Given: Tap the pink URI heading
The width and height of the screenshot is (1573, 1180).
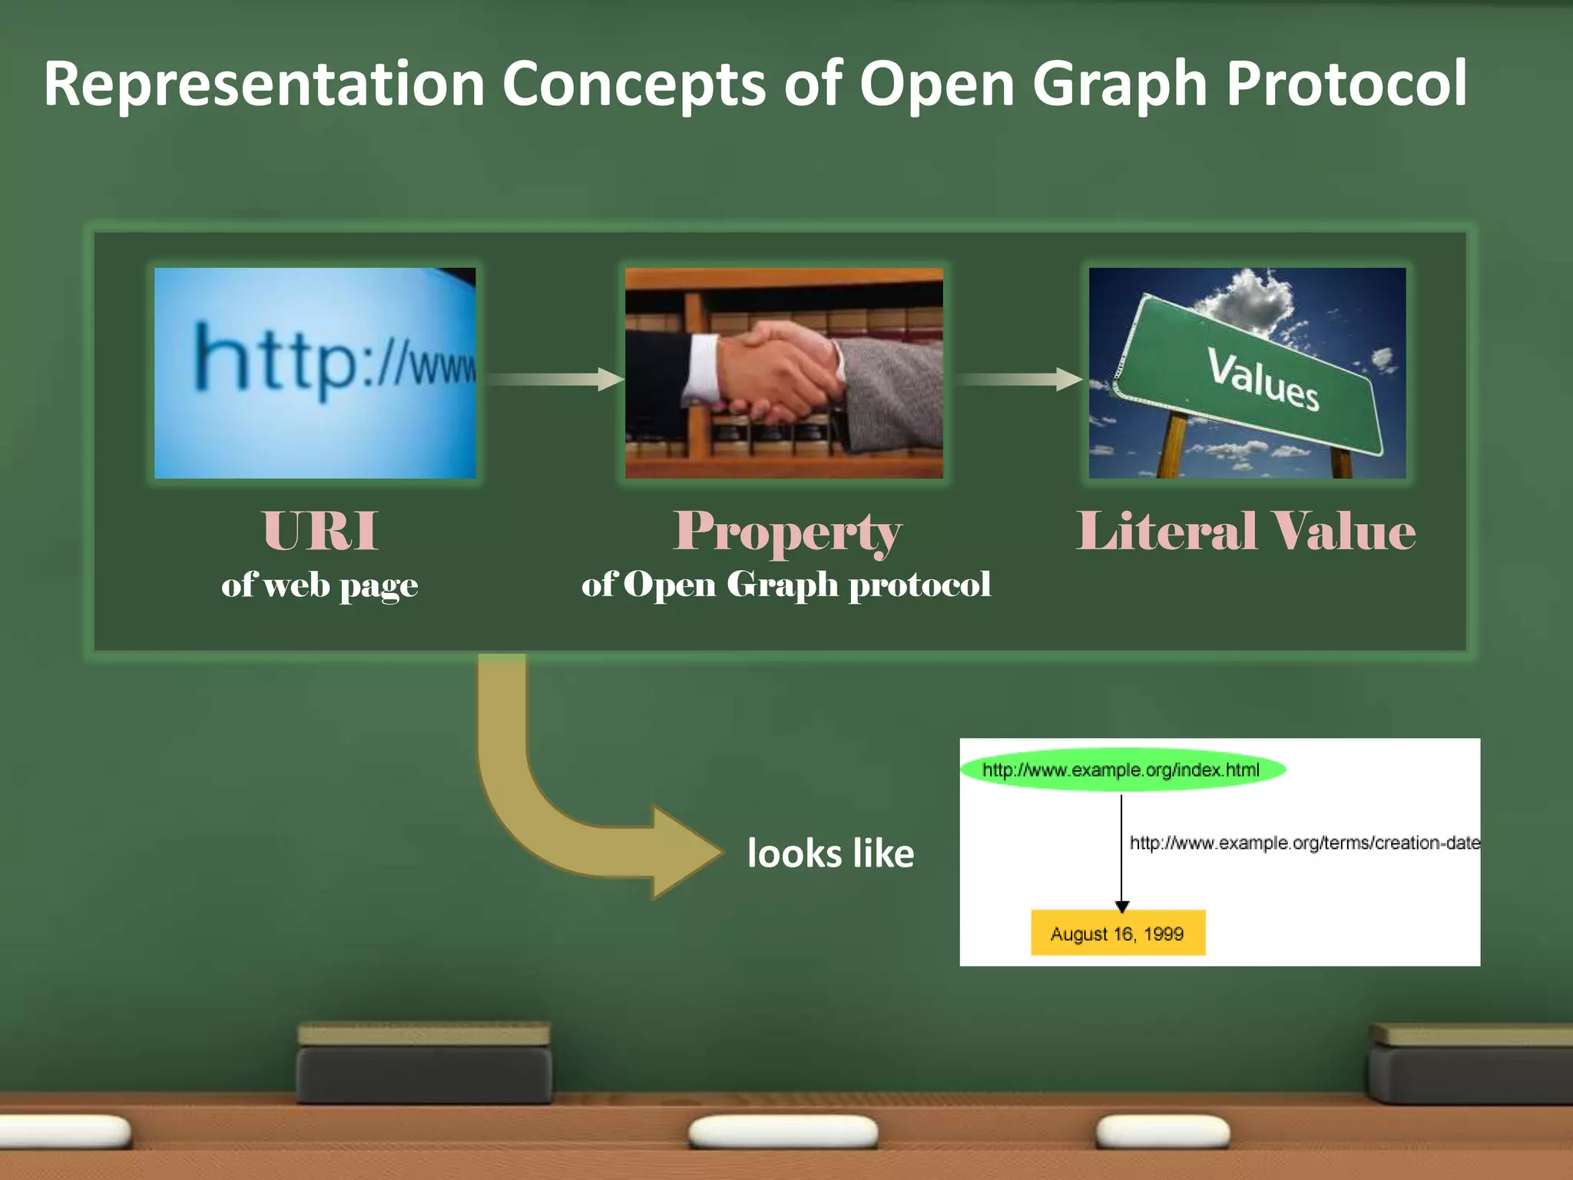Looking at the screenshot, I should (320, 531).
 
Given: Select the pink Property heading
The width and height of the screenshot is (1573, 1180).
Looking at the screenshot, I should (786, 531).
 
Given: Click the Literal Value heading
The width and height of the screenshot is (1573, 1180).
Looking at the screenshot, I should (1245, 531).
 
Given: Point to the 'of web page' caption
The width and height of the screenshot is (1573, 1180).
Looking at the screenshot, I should (320, 585).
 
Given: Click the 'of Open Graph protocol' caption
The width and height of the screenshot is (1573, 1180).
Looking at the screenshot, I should (786, 585).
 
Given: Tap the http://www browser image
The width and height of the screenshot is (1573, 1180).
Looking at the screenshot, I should (315, 373).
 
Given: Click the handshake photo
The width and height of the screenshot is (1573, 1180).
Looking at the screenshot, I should (783, 373).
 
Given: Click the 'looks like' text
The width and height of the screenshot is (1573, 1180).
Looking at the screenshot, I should (830, 854).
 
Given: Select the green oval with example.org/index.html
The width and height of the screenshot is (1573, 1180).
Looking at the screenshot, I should (1121, 770).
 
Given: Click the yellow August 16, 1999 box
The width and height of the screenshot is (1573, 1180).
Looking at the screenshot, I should (1118, 933).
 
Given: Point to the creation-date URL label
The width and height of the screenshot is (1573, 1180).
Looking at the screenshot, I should (1304, 843).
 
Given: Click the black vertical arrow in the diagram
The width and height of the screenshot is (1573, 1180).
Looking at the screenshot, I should (1121, 853).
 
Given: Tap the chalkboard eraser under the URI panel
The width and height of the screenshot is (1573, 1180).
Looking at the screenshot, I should (424, 1064).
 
